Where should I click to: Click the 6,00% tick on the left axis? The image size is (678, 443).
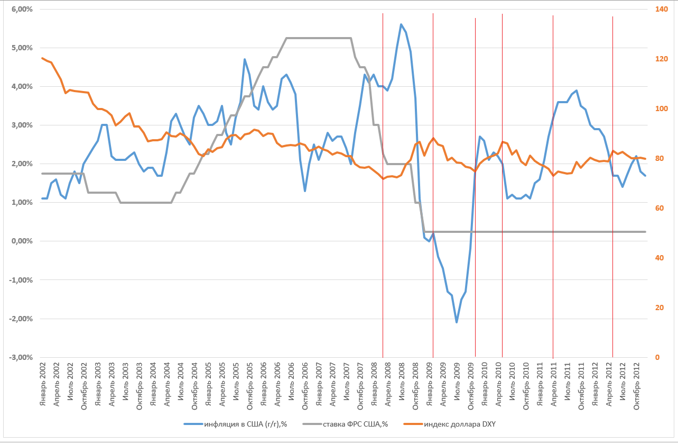20,9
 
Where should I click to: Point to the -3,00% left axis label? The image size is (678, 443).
19,357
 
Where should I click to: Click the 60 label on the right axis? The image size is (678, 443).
657,208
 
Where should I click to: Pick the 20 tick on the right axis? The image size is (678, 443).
657,308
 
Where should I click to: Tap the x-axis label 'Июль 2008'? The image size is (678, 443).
402,383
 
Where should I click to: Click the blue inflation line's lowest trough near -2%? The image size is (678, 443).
457,322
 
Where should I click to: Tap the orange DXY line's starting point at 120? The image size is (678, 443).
42,58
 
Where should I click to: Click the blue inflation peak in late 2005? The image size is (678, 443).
245,59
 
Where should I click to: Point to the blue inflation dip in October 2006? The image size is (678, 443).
305,191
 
